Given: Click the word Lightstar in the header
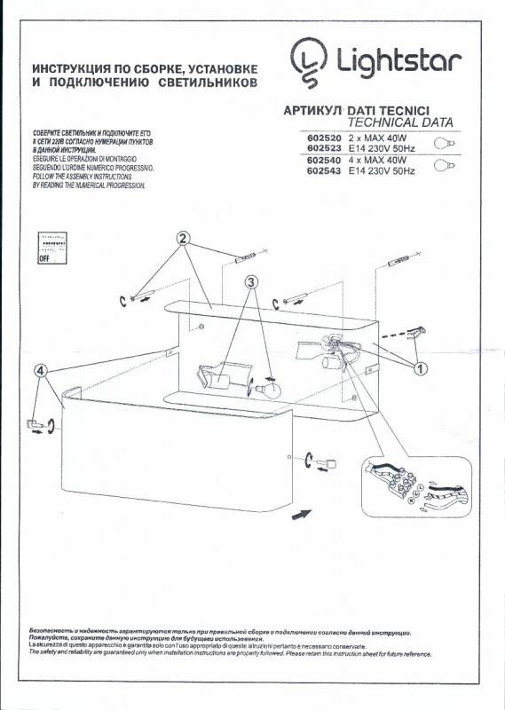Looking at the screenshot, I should pos(397,61).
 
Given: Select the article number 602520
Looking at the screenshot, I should pos(323,140).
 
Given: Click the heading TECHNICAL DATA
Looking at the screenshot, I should pos(400,121).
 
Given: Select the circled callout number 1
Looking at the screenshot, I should pos(420,366).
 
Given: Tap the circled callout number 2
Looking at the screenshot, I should pos(182,239).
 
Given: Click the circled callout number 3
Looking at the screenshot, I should pos(251,283).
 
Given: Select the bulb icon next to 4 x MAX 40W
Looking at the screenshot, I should pos(443,165).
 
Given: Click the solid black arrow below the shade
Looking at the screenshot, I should pos(302,513).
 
